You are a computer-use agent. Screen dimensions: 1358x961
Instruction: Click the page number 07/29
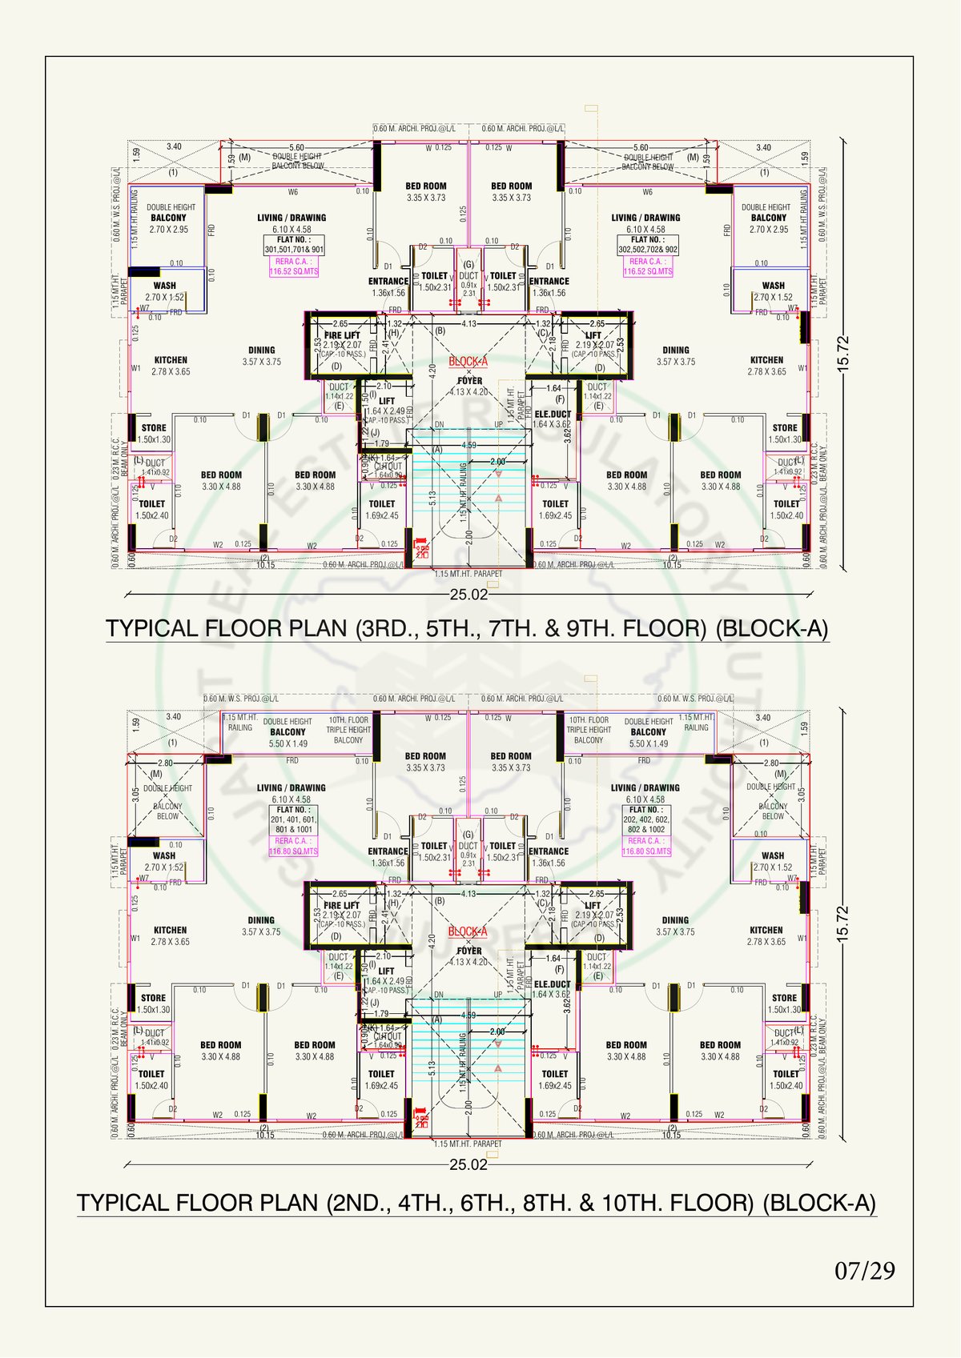865,1270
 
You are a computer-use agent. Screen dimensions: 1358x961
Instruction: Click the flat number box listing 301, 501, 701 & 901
294,245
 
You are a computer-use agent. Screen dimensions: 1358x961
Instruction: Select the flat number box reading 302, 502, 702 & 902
648,245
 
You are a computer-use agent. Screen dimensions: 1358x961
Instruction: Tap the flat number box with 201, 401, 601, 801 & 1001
294,820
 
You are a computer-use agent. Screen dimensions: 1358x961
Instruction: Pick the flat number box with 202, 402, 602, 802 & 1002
647,820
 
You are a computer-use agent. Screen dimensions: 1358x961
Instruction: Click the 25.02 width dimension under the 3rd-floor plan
468,595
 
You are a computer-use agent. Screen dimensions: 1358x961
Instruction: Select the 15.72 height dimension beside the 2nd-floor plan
842,924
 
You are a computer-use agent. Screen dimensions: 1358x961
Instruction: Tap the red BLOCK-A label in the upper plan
468,361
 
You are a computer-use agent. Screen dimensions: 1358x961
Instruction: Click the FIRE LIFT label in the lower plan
342,905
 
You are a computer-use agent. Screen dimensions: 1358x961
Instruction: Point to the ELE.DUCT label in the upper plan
553,415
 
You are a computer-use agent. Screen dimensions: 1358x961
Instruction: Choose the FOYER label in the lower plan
469,951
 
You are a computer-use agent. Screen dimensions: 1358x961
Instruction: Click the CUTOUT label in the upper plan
388,467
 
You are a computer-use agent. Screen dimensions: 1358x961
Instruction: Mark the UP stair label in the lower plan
498,995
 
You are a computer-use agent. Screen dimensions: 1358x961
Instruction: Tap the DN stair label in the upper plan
439,425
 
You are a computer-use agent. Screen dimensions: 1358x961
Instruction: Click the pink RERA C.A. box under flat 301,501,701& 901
294,266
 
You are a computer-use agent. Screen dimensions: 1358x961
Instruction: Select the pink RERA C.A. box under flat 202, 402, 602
647,846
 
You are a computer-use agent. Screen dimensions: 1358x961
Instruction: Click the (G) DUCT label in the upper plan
468,270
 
